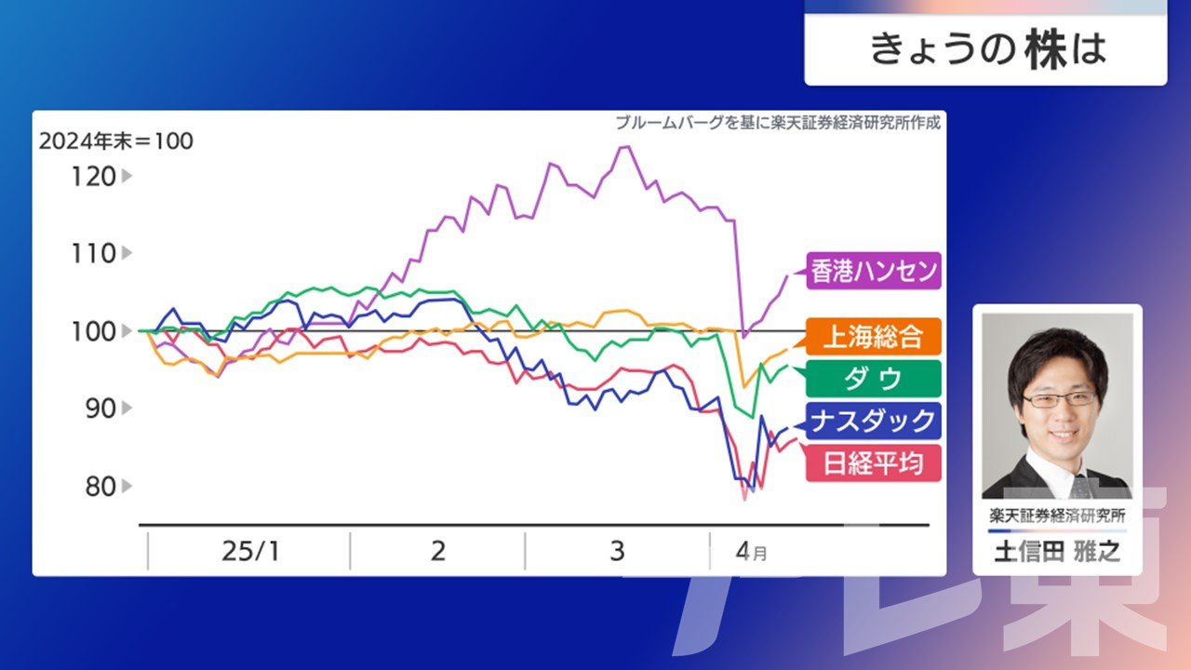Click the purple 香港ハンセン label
click(x=874, y=271)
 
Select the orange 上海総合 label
click(x=874, y=336)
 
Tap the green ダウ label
click(x=874, y=379)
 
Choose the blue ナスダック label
click(x=874, y=422)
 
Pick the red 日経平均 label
click(x=874, y=463)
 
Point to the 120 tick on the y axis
click(x=94, y=177)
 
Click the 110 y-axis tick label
click(x=94, y=254)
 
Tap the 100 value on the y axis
click(x=94, y=332)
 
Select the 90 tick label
click(x=100, y=409)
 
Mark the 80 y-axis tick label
click(x=100, y=487)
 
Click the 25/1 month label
click(x=250, y=552)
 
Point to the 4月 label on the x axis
click(x=751, y=552)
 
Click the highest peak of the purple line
click(x=624, y=147)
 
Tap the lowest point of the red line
click(x=745, y=500)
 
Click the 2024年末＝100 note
click(x=116, y=141)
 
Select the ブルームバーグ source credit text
click(x=778, y=123)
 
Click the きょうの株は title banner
click(x=985, y=49)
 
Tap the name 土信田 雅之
click(x=1058, y=552)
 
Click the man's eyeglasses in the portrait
click(x=1061, y=399)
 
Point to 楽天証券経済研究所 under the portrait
click(x=1058, y=516)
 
